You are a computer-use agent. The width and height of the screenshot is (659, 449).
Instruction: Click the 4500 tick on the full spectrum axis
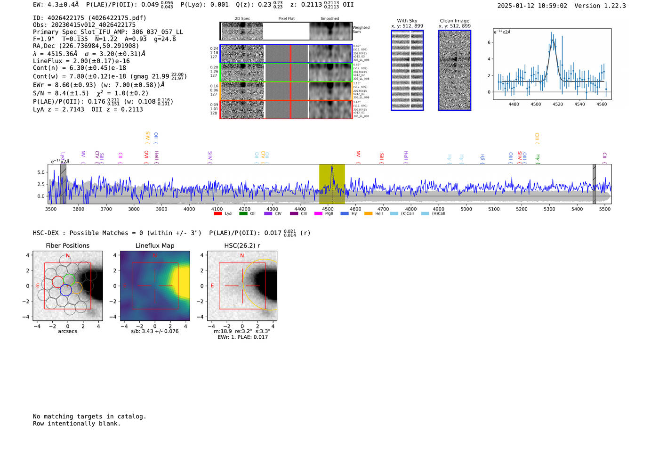(x=328, y=209)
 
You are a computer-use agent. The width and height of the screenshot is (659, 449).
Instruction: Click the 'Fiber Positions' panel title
(x=67, y=245)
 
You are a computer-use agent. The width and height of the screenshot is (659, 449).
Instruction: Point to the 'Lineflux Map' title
(x=155, y=245)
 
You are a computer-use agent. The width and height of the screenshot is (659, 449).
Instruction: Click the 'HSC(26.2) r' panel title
(x=242, y=245)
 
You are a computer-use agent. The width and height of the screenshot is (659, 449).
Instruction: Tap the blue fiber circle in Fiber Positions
(x=66, y=290)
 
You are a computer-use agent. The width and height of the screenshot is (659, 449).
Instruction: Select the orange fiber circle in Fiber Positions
(x=77, y=288)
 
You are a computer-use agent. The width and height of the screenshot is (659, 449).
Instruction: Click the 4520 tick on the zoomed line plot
(x=558, y=104)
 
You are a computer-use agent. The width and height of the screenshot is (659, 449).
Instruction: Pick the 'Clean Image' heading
(x=454, y=21)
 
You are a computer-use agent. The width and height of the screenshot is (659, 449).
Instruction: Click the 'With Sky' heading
(x=407, y=21)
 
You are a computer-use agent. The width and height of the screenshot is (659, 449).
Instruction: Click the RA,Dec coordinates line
(x=86, y=46)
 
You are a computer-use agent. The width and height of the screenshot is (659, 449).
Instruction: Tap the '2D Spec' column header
(x=242, y=19)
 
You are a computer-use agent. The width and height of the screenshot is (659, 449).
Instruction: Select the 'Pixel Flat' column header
(x=286, y=19)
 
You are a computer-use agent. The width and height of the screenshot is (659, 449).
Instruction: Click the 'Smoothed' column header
(x=329, y=19)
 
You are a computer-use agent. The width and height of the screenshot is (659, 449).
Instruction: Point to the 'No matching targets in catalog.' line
(x=89, y=416)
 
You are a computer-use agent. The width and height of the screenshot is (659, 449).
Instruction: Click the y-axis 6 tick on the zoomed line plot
(x=490, y=42)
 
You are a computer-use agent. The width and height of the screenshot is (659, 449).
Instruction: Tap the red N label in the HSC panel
(x=242, y=255)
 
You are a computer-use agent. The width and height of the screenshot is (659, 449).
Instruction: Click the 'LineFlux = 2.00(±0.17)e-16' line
(x=81, y=61)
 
